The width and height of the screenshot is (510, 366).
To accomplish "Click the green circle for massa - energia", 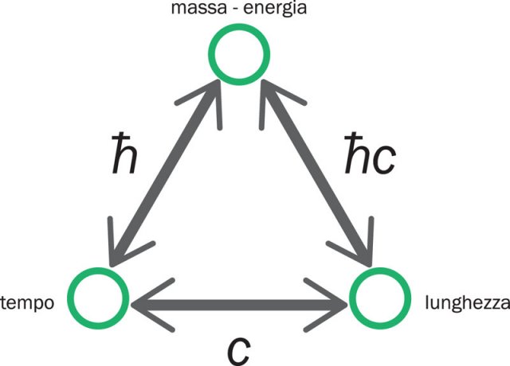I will [x=239, y=53].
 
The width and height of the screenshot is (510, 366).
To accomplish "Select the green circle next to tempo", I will [x=98, y=298].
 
